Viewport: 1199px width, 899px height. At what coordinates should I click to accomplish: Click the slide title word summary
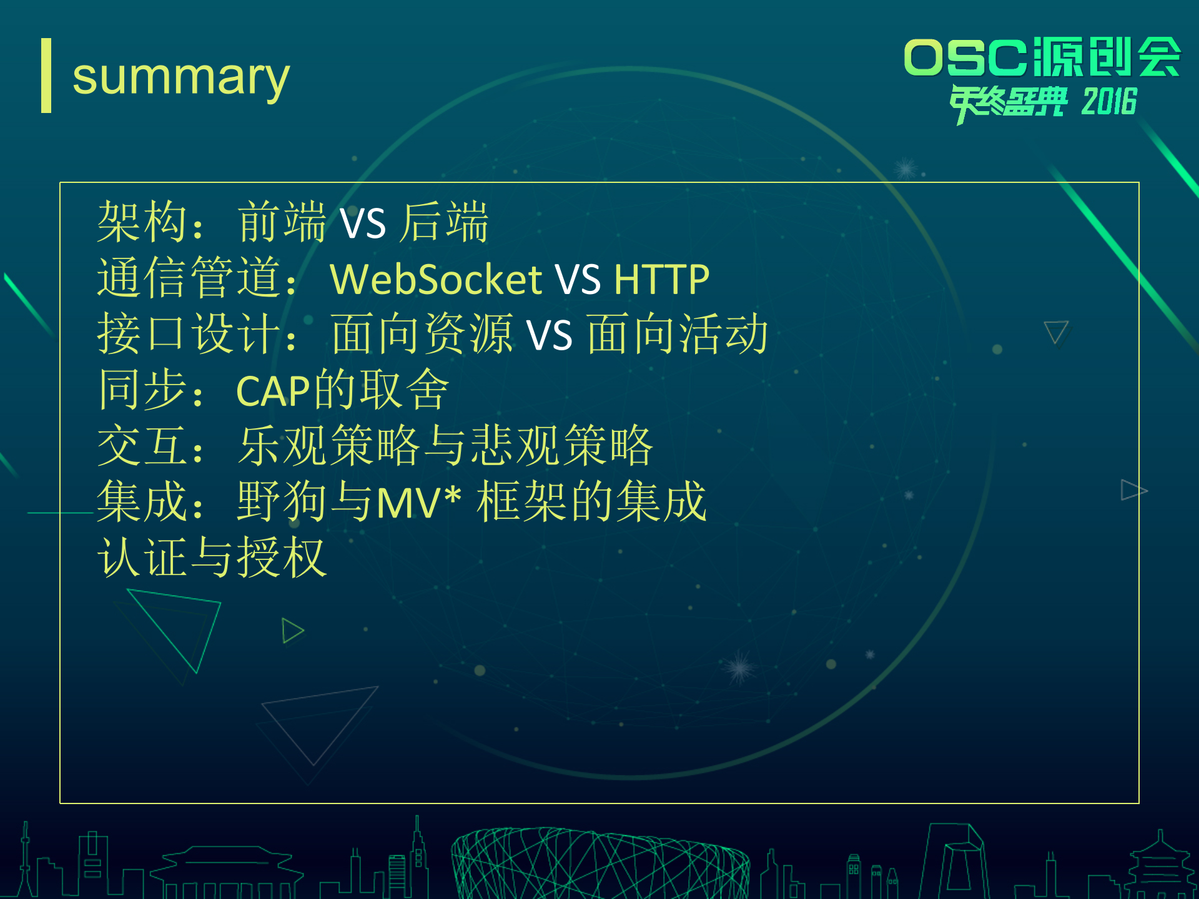coord(181,77)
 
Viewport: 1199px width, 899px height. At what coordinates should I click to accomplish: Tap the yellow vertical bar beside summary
coord(46,76)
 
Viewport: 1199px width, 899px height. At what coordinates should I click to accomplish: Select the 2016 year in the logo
coord(1109,102)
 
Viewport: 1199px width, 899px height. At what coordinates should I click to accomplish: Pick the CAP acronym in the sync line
coord(273,391)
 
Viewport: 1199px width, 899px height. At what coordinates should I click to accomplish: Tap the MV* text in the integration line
coord(418,502)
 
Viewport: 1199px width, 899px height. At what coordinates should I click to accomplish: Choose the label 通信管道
coord(188,278)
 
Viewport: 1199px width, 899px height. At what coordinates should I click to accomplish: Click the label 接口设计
coord(188,334)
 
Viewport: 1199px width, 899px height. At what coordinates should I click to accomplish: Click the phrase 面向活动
coord(678,334)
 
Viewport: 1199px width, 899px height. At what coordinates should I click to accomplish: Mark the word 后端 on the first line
coord(444,222)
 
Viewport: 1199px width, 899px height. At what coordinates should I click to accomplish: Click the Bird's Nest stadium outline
coord(599,865)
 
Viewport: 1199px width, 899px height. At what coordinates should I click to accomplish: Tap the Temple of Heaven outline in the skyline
coord(1160,868)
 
